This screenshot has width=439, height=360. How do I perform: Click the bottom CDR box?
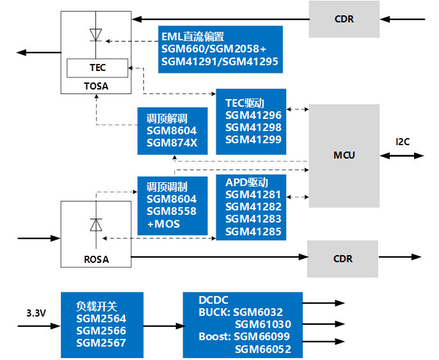click(343, 259)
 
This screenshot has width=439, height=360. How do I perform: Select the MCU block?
click(344, 155)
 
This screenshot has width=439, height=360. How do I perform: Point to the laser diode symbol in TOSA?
click(96, 34)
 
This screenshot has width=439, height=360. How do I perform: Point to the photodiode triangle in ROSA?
click(96, 225)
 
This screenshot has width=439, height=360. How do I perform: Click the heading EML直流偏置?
click(193, 37)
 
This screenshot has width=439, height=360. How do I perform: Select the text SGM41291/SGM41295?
click(219, 62)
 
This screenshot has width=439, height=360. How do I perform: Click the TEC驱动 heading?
click(245, 102)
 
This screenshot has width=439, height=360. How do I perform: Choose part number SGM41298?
click(253, 127)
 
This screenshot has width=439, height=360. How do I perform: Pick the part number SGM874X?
click(172, 143)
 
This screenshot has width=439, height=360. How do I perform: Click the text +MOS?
click(163, 224)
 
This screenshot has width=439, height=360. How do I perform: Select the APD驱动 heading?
click(246, 182)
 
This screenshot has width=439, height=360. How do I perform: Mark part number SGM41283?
click(253, 219)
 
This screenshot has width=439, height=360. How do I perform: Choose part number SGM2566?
click(101, 331)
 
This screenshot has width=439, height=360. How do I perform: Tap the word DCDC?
click(214, 299)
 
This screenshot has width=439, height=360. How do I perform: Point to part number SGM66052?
click(263, 349)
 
